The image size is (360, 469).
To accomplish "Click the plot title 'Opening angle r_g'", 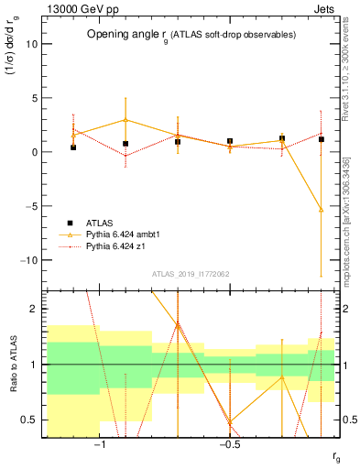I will (x=191, y=34).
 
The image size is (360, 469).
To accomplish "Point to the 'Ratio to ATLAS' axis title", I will (x=12, y=365).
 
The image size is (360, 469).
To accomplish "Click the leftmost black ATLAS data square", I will (x=73, y=147).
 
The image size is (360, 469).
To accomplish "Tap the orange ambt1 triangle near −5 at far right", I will (x=321, y=209).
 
